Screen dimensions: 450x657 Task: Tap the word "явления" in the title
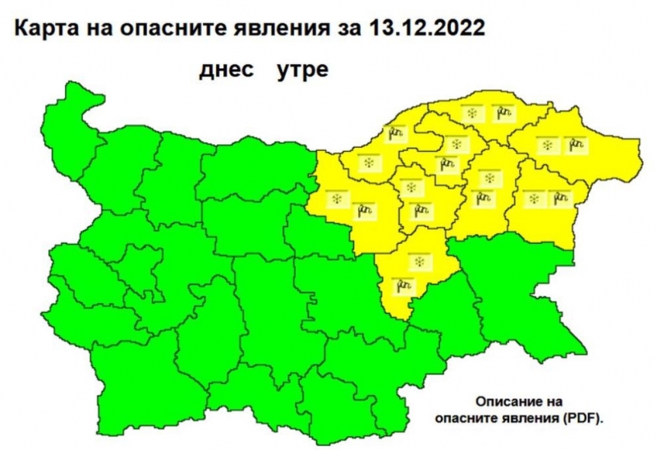[315, 30]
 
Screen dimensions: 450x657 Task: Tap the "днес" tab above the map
[224, 70]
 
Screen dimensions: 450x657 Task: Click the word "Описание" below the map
[512, 403]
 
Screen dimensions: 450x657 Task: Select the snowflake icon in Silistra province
[471, 114]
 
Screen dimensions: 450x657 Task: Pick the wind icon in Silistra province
[500, 114]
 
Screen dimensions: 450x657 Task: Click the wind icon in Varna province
[561, 199]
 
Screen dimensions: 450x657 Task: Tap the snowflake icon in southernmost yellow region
[420, 261]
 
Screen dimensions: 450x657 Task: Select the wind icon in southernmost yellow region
[403, 287]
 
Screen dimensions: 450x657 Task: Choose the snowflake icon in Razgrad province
[457, 145]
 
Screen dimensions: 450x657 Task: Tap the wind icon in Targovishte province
[422, 212]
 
